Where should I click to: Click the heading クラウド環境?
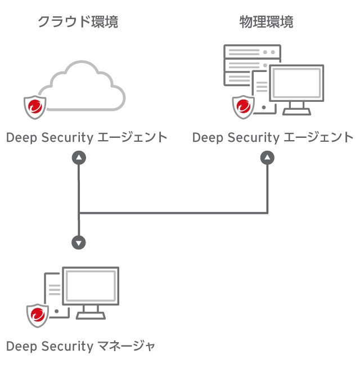(x=78, y=23)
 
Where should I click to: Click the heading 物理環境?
(x=266, y=23)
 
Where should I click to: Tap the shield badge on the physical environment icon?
(x=244, y=106)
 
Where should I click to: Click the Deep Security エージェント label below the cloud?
(x=87, y=137)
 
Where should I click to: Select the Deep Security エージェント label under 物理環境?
(x=273, y=137)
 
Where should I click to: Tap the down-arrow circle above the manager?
(x=79, y=243)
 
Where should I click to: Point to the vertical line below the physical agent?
(x=267, y=189)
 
